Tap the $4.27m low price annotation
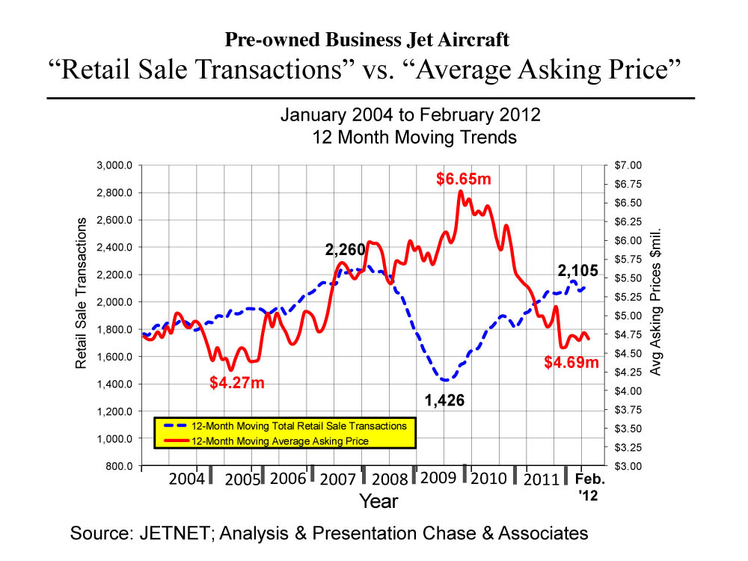pyautogui.click(x=237, y=383)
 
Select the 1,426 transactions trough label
pyautogui.click(x=444, y=401)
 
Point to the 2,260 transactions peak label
pyautogui.click(x=346, y=250)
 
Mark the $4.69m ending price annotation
pyautogui.click(x=571, y=363)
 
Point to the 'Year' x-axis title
pyautogui.click(x=378, y=500)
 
